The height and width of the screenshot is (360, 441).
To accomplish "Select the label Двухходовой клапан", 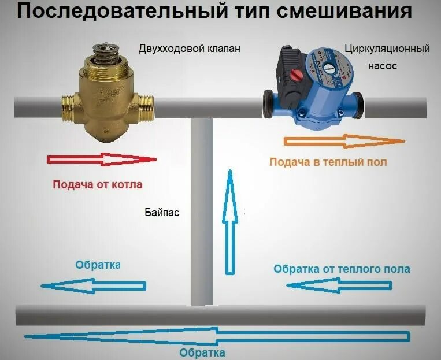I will pyautogui.click(x=188, y=49).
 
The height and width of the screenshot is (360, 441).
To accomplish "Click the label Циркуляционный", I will pyautogui.click(x=387, y=49).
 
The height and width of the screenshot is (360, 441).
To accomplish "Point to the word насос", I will pyautogui.click(x=383, y=66).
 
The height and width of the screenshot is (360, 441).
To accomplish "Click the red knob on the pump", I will pyautogui.click(x=298, y=76).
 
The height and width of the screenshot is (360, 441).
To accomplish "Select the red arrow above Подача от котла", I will pyautogui.click(x=102, y=159).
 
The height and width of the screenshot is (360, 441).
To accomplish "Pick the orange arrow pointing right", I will pyautogui.click(x=344, y=140).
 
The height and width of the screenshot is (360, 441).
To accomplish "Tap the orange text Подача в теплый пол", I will pyautogui.click(x=328, y=162).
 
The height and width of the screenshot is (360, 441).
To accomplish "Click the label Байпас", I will pyautogui.click(x=162, y=213).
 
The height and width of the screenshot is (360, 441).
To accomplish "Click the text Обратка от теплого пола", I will pyautogui.click(x=342, y=269).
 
